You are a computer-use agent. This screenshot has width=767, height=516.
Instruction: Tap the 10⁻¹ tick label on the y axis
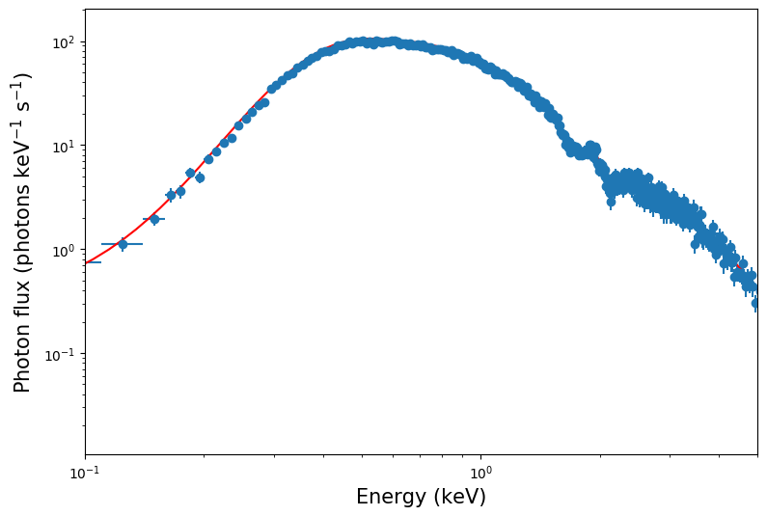(62, 355)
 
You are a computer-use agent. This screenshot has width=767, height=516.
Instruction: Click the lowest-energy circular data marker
(123, 244)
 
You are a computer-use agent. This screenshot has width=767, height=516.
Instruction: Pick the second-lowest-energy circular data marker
(154, 219)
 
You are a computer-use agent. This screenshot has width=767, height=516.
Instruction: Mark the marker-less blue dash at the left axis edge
(92, 262)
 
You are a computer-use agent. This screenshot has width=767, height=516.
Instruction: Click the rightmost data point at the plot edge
(756, 303)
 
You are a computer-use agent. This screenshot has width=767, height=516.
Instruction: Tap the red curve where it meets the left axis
(86, 262)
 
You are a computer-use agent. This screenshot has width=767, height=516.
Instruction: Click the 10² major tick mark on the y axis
(85, 42)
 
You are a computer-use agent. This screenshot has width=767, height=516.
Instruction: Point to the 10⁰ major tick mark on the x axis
(480, 455)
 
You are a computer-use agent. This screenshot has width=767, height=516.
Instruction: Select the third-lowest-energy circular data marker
(171, 195)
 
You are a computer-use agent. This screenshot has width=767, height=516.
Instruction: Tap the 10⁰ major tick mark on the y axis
(85, 251)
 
